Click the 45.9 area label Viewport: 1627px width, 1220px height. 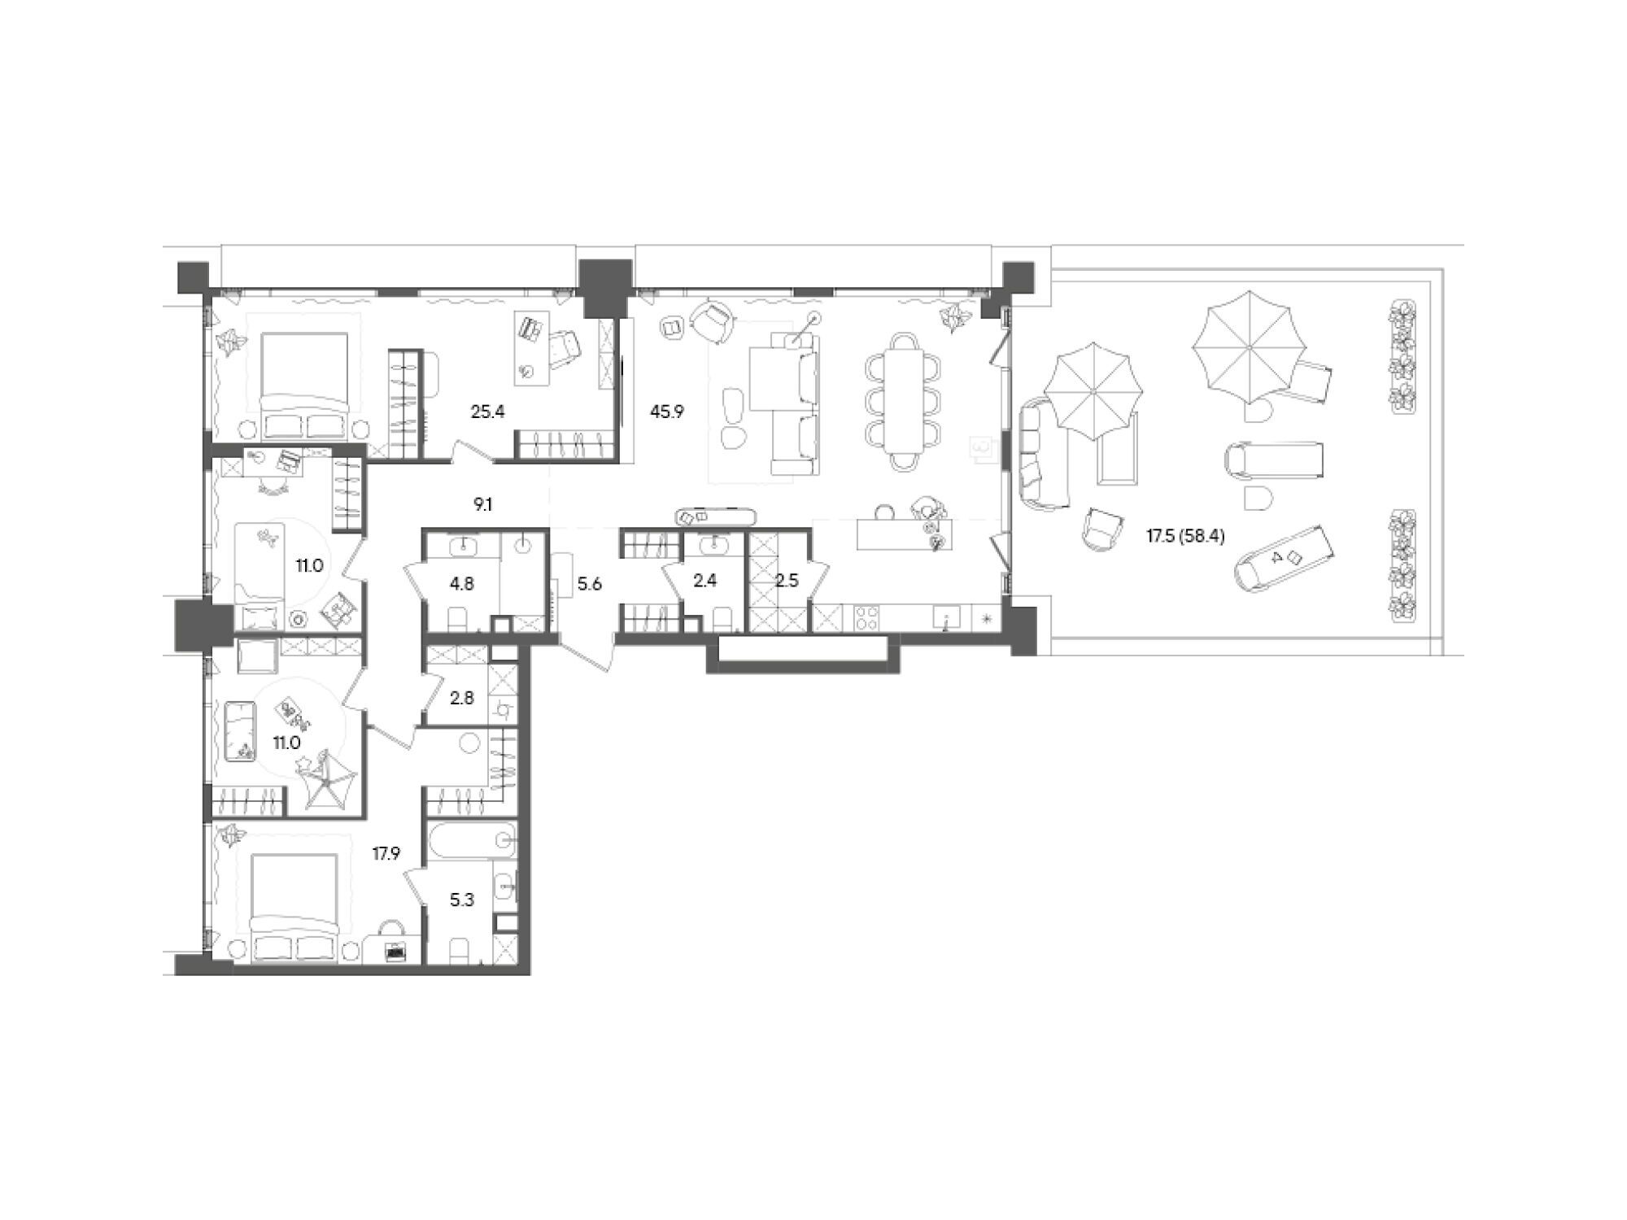click(667, 412)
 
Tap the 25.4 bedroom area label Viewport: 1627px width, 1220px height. click(488, 412)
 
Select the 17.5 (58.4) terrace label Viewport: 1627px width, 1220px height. click(1185, 536)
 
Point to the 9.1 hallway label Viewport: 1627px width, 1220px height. click(483, 505)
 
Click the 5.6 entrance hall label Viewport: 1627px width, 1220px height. click(589, 583)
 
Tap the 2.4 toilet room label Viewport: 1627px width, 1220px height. click(705, 581)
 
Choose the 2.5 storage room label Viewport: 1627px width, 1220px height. click(787, 582)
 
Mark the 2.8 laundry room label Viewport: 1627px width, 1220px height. click(461, 697)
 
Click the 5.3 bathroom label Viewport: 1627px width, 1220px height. click(462, 900)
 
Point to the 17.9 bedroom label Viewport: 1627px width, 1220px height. click(387, 853)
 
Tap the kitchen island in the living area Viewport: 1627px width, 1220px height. click(904, 534)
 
